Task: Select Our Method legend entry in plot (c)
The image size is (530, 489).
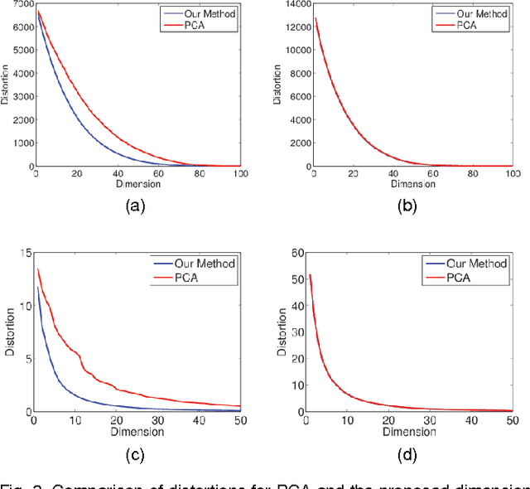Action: [x=205, y=263]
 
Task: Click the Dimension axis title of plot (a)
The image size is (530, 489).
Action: [x=138, y=184]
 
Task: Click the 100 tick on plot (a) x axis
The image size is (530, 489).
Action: [x=240, y=174]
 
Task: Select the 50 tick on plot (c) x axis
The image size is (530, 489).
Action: [x=240, y=421]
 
